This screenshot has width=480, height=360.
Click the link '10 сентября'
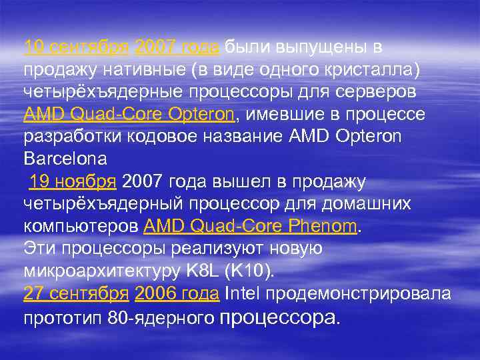pos(76,47)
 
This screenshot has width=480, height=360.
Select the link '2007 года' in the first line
pos(177,47)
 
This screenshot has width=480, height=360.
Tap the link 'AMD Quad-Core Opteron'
pos(129,115)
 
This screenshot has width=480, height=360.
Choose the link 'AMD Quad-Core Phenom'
pos(251,227)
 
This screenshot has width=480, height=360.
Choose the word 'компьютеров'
pos(81,227)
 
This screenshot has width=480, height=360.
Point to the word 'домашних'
pos(375,205)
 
